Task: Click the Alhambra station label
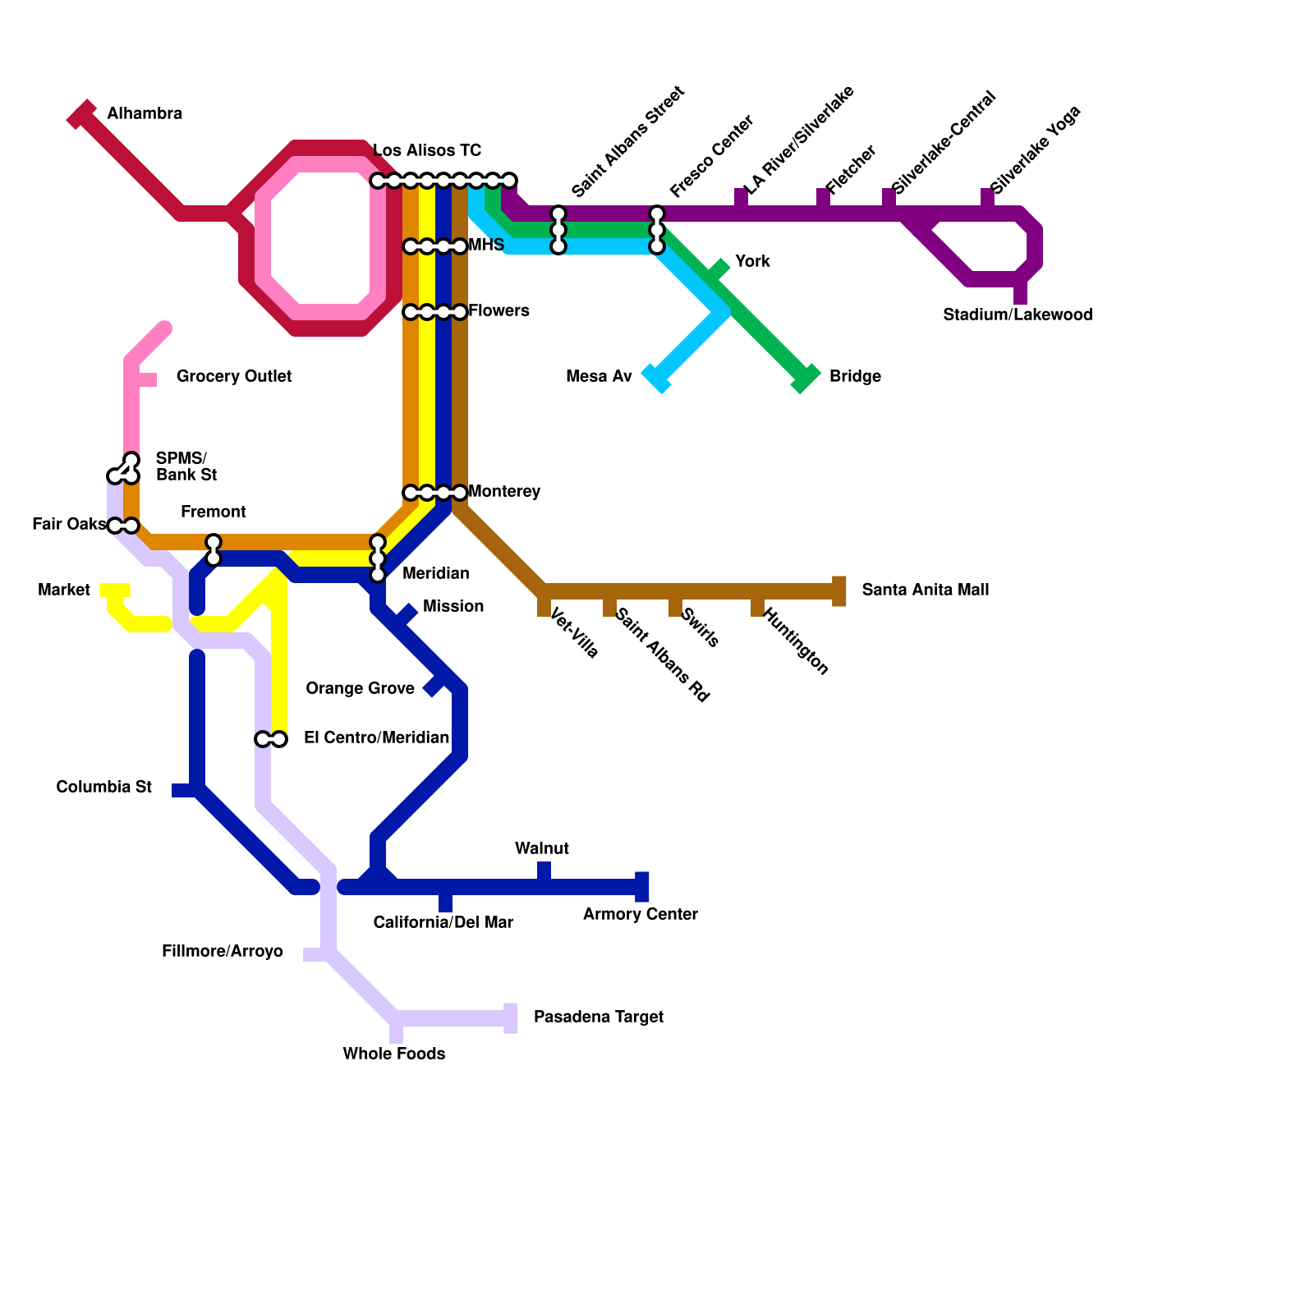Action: tap(145, 114)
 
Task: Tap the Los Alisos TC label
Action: tap(427, 151)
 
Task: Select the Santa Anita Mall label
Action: tap(925, 590)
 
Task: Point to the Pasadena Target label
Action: tap(598, 1018)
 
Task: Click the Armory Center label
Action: tap(640, 915)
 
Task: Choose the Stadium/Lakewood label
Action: tap(1017, 315)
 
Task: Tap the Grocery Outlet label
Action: tap(234, 377)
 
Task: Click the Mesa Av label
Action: tap(599, 377)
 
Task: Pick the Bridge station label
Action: tap(855, 377)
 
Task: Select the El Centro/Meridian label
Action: tap(376, 738)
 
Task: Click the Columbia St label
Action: tap(103, 788)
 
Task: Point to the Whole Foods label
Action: tap(393, 1054)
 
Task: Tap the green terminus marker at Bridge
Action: tap(806, 378)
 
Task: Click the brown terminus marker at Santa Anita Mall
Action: tap(838, 591)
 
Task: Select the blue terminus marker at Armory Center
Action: tap(642, 887)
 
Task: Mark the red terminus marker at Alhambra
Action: tap(81, 115)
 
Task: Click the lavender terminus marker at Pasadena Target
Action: tap(511, 1018)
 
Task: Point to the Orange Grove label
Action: tap(360, 689)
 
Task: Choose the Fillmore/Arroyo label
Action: tap(222, 952)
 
